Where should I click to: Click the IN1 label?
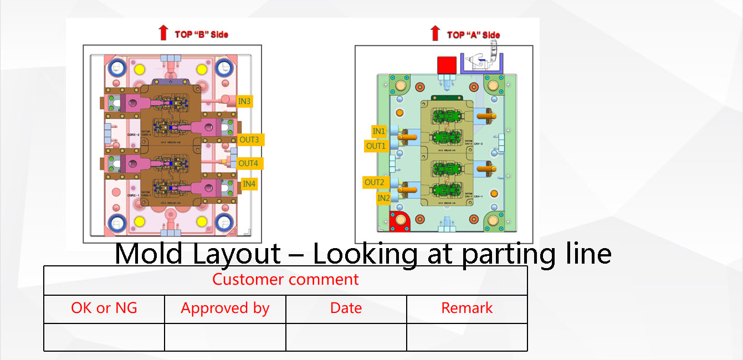tap(379, 131)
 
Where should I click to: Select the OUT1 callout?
tap(376, 146)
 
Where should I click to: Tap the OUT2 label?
tap(374, 182)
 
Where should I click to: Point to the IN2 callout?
tap(383, 198)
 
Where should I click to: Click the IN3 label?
tap(245, 101)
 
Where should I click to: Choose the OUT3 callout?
tap(249, 140)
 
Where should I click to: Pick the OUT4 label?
tap(248, 163)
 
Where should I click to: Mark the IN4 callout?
tap(249, 184)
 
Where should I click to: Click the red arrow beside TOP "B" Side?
tap(163, 33)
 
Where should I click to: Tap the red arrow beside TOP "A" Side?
tap(435, 33)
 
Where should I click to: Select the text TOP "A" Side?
tap(473, 35)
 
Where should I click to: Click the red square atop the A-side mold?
tap(446, 65)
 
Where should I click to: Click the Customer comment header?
tap(285, 279)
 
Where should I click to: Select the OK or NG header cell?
tap(104, 308)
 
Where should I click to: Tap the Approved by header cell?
tap(225, 308)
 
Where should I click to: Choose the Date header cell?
tap(346, 308)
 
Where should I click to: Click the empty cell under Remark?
tap(467, 337)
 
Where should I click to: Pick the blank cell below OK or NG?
tap(104, 337)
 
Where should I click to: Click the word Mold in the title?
tap(148, 254)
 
